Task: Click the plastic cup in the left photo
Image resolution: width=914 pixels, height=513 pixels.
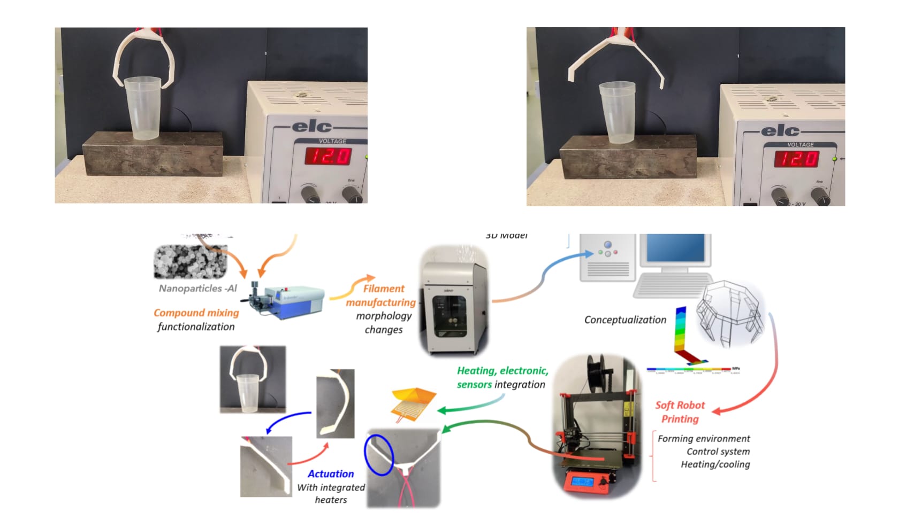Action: pos(143,108)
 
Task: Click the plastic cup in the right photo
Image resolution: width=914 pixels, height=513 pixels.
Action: pos(617,113)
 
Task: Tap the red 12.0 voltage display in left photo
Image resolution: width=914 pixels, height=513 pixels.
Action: pos(328,157)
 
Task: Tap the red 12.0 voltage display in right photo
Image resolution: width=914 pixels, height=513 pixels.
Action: pos(797,159)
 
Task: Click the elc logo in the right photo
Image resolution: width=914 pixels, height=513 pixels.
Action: pos(780,130)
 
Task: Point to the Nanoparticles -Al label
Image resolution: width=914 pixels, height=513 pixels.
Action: pos(197,289)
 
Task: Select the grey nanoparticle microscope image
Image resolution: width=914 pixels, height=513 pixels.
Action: pos(190,262)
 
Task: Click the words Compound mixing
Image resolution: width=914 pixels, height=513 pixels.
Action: pos(196,313)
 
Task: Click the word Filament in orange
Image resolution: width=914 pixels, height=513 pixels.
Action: pos(384,289)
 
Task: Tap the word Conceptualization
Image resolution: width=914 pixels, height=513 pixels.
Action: pos(625,320)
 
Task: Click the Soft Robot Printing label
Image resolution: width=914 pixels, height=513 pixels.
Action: pos(680,412)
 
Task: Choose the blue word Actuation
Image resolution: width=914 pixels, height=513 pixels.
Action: pos(330,474)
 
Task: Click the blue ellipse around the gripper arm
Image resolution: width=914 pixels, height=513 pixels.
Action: pos(379,455)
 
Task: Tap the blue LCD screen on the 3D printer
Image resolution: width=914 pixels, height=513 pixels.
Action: pos(581,481)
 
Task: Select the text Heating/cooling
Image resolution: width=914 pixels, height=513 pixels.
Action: pos(715,464)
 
